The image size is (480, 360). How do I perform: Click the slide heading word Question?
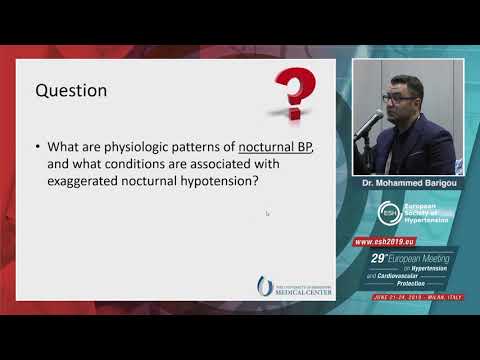click(x=71, y=90)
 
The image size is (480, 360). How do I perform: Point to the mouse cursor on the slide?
click(x=267, y=213)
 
